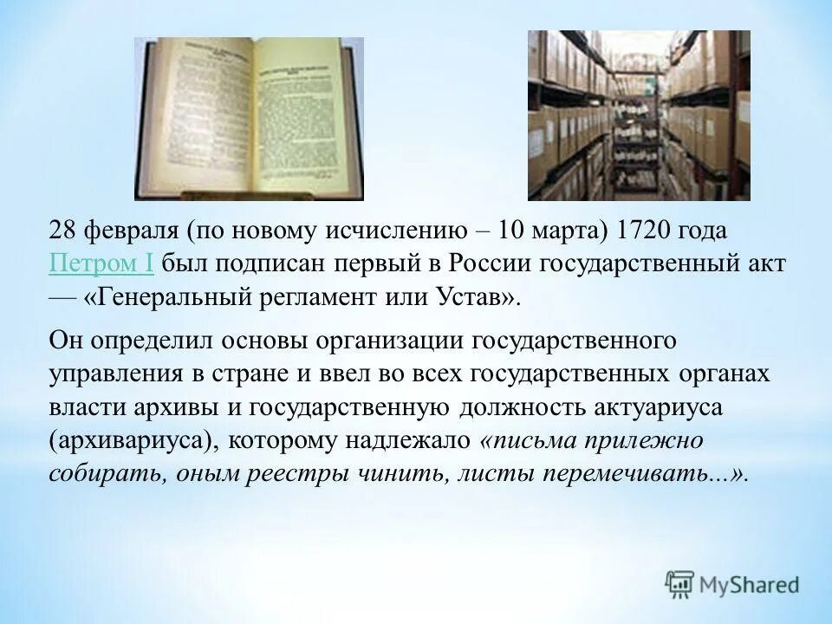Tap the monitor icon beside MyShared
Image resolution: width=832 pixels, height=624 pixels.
tap(680, 584)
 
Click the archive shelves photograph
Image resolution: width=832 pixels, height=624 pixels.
tap(639, 115)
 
